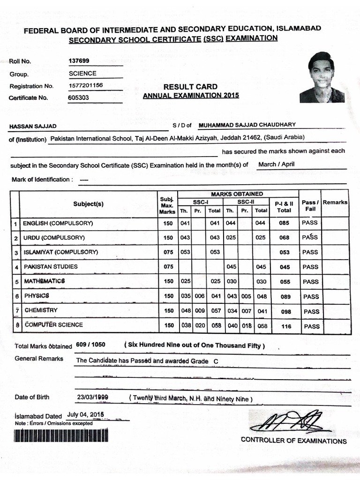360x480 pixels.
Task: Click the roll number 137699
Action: coord(79,61)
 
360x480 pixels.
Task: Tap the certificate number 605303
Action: coord(78,97)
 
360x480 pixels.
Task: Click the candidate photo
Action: coord(322,77)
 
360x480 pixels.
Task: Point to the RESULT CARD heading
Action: coord(190,86)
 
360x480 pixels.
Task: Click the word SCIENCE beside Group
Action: coord(82,73)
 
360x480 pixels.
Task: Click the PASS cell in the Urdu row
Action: coord(310,237)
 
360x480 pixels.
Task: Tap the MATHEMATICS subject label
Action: coord(45,281)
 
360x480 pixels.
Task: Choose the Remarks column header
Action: coord(335,202)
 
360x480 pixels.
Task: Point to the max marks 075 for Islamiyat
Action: coord(168,252)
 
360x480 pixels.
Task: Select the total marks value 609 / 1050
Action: coord(90,345)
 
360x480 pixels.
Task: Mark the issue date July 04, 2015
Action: coord(85,415)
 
